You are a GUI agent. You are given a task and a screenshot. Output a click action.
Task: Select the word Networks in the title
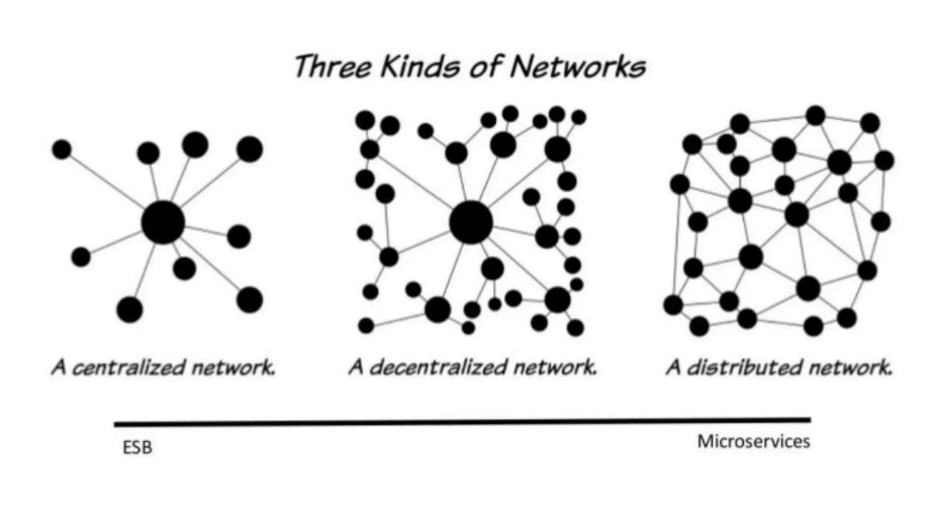pyautogui.click(x=577, y=67)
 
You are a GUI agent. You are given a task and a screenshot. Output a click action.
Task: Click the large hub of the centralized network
pyautogui.click(x=163, y=222)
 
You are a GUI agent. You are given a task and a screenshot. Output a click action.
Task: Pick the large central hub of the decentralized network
pyautogui.click(x=471, y=222)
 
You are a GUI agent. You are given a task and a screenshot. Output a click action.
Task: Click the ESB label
pyautogui.click(x=137, y=448)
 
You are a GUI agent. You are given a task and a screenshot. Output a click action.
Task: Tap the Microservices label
pyautogui.click(x=753, y=441)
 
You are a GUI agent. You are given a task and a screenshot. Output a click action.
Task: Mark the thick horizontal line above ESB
pyautogui.click(x=462, y=422)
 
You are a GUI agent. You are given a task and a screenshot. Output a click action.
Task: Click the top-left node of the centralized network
pyautogui.click(x=62, y=149)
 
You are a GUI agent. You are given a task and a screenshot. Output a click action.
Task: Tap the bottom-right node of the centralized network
pyautogui.click(x=249, y=300)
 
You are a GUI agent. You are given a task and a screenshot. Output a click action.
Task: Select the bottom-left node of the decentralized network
pyautogui.click(x=366, y=326)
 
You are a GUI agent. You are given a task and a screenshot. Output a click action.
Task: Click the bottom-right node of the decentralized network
pyautogui.click(x=575, y=328)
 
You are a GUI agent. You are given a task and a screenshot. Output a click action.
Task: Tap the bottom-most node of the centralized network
pyautogui.click(x=130, y=309)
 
